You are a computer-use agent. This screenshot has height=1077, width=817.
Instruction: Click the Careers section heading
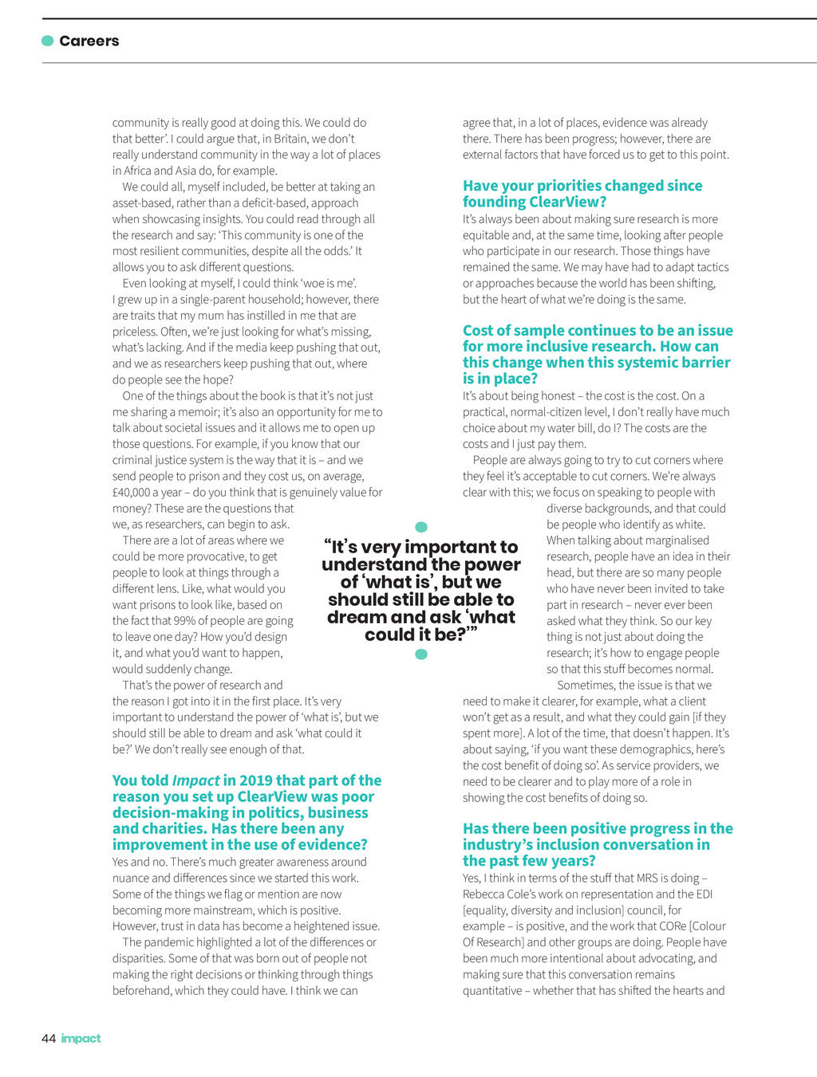[89, 41]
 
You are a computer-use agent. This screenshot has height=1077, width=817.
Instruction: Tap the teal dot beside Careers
[48, 41]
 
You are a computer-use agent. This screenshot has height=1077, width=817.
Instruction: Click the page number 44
[49, 1038]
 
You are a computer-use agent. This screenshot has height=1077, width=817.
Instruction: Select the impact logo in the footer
[81, 1038]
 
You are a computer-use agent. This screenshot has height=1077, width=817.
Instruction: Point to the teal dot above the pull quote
[421, 527]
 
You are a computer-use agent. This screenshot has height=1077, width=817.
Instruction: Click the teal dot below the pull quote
[421, 654]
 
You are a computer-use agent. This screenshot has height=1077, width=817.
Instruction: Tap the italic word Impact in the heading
[195, 780]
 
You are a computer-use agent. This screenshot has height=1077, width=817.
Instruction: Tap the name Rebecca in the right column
[484, 894]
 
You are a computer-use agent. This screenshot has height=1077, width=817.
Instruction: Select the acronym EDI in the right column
[704, 894]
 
